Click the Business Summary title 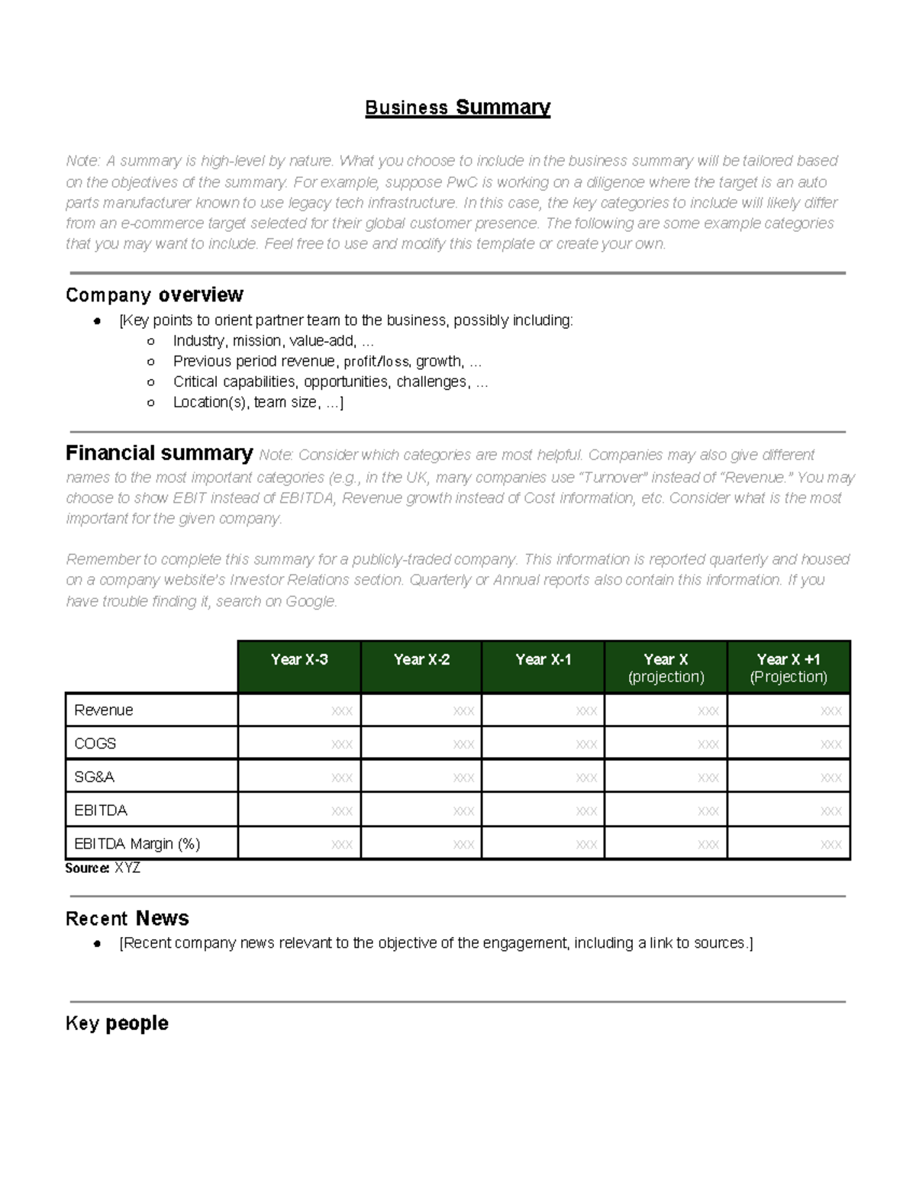click(457, 108)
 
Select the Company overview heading click(154, 295)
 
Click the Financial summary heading click(159, 453)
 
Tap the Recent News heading click(127, 918)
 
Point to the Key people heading click(117, 1023)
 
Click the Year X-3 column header click(299, 660)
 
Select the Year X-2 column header click(421, 660)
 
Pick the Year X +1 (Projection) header click(789, 668)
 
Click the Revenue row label click(104, 710)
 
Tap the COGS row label click(95, 743)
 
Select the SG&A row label click(95, 777)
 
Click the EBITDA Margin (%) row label click(137, 844)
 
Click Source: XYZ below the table click(102, 868)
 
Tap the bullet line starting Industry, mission click(273, 341)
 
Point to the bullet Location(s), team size click(258, 402)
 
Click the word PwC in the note click(462, 182)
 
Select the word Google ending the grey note click(310, 601)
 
